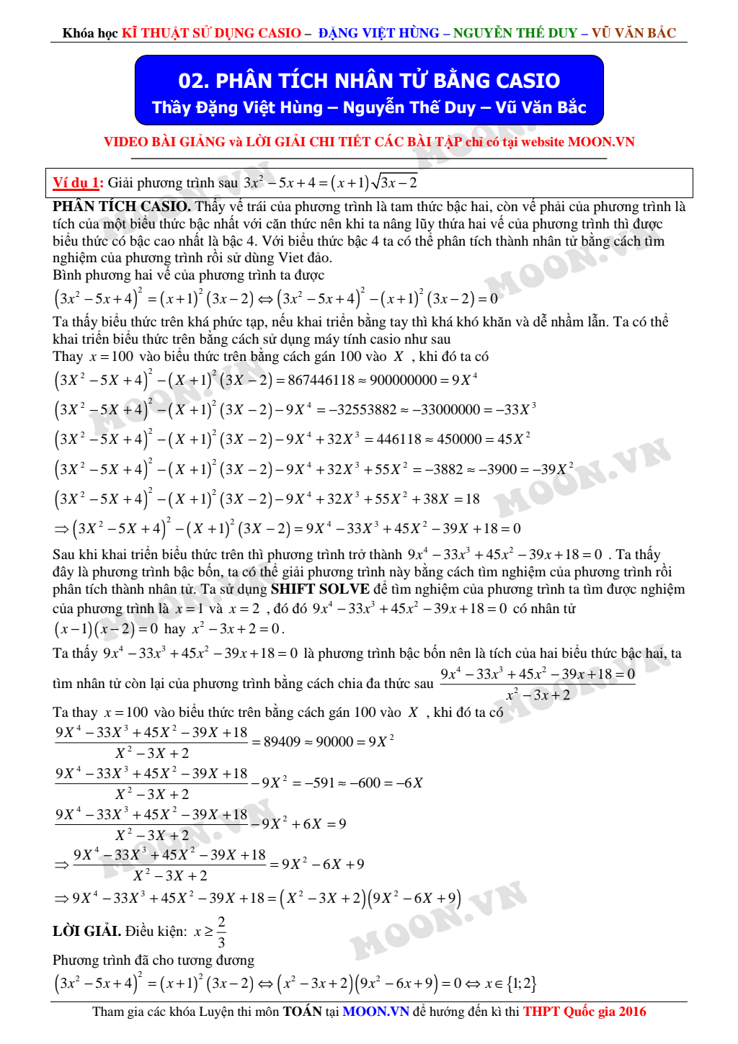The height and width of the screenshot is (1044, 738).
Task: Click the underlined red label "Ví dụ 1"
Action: tap(77, 183)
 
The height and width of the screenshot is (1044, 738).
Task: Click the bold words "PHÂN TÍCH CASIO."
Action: tap(121, 207)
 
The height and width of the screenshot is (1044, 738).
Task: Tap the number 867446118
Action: tap(321, 380)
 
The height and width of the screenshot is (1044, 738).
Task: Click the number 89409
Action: tap(282, 741)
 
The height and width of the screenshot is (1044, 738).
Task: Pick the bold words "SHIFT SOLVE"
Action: tap(320, 589)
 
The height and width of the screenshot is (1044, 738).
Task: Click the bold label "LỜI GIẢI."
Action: tap(86, 931)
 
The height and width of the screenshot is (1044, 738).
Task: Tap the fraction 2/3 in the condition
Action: tap(221, 932)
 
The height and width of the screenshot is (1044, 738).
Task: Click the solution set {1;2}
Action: tap(521, 983)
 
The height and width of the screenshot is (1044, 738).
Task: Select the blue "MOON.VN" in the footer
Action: tap(375, 1012)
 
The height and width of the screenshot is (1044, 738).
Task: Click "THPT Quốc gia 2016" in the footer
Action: tap(584, 1012)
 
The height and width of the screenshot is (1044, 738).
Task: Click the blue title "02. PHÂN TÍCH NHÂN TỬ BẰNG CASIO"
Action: tap(369, 80)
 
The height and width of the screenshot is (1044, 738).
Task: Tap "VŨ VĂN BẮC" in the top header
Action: tap(633, 33)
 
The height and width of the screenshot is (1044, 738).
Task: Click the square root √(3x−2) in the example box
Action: tap(394, 182)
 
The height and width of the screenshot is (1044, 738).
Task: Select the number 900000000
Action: tap(403, 380)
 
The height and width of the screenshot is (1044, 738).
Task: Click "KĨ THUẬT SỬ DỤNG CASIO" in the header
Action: tap(211, 33)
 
